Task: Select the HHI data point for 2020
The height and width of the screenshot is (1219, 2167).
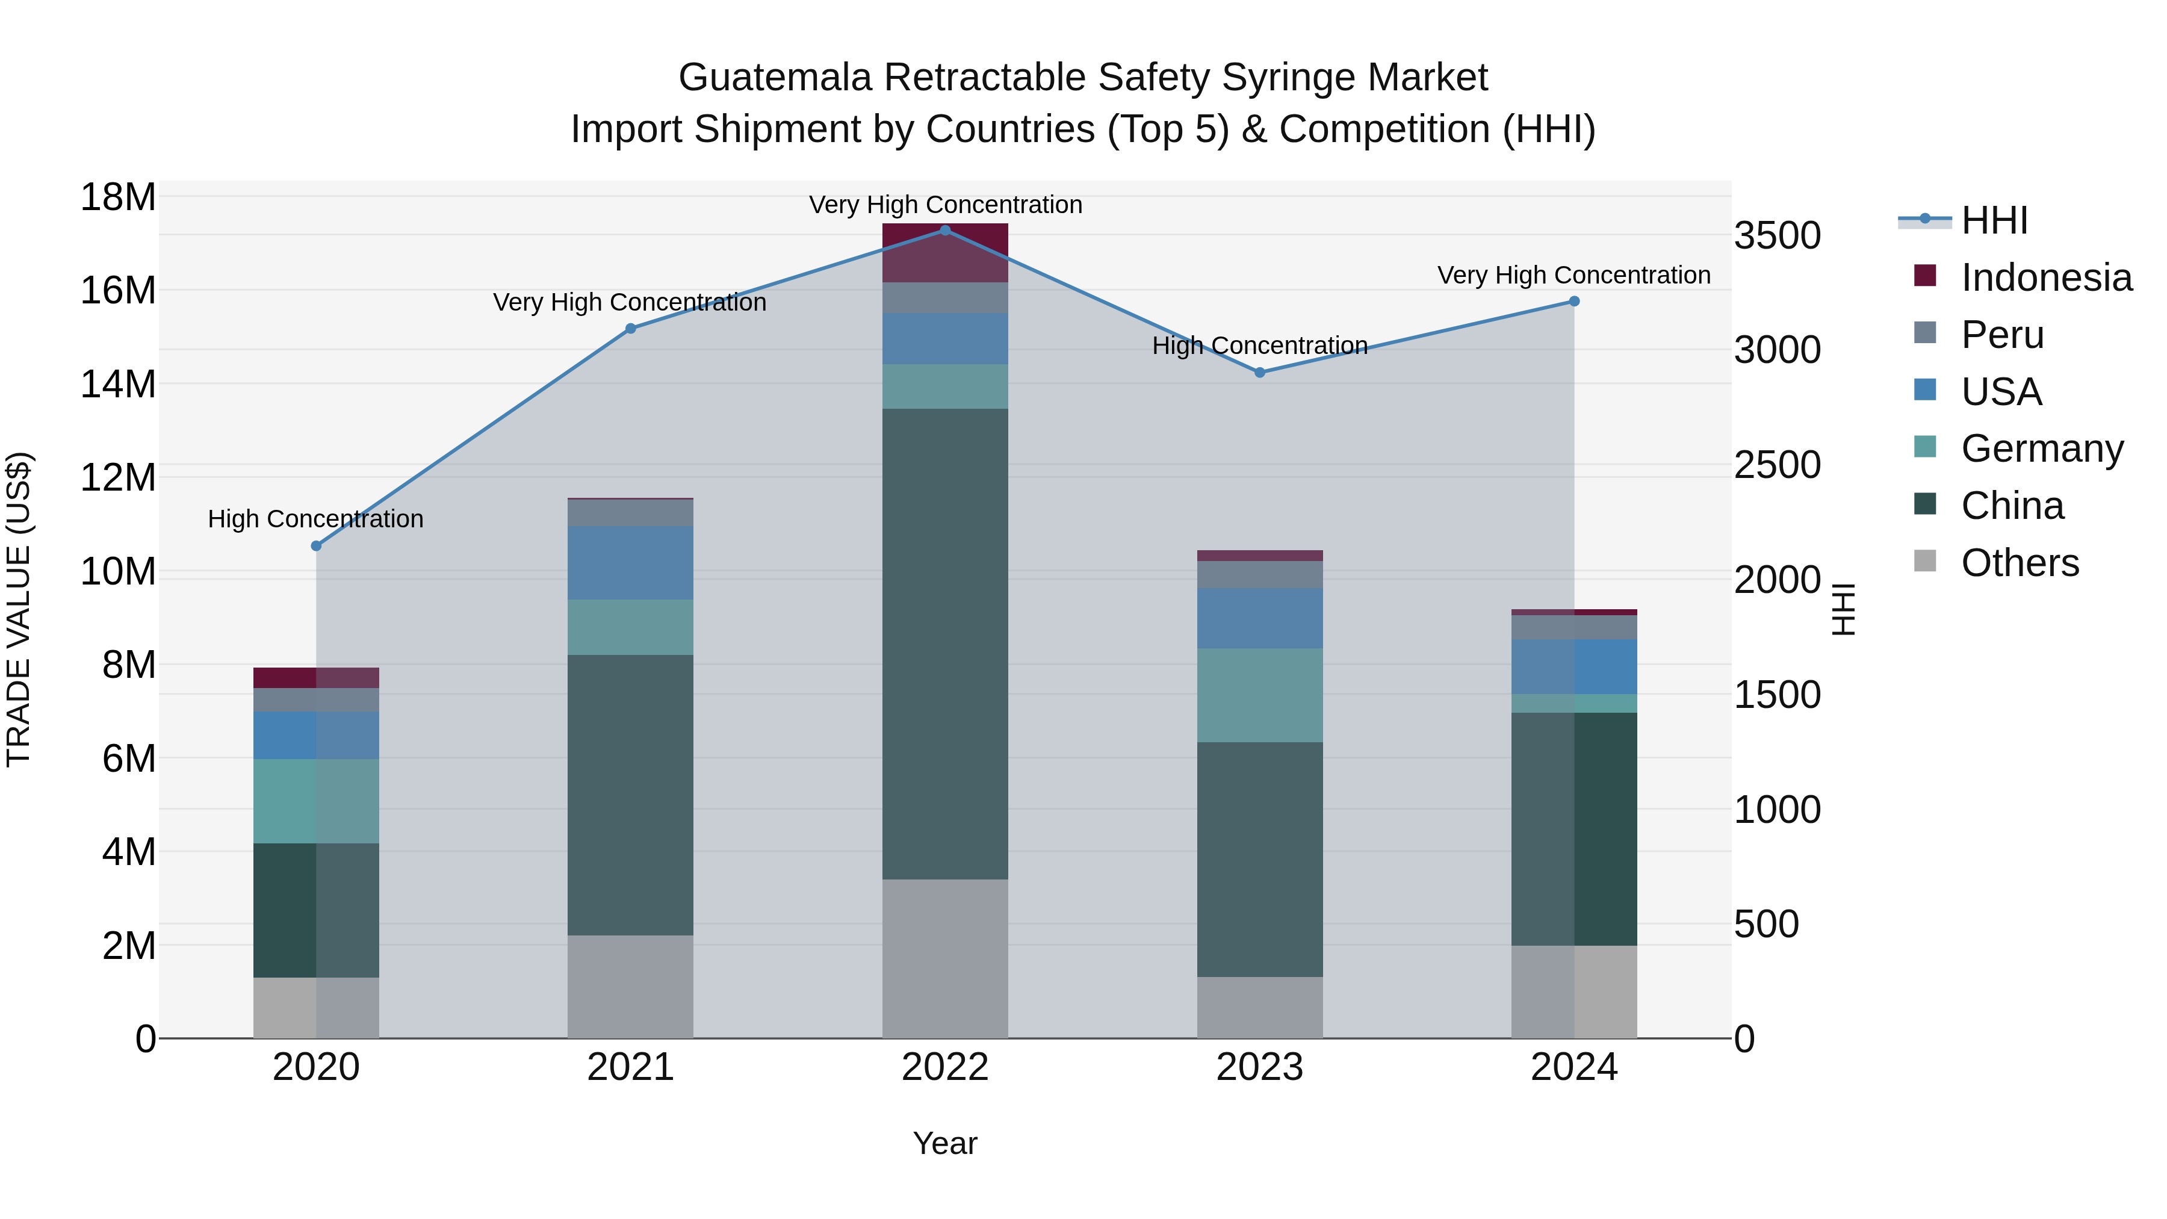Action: [x=316, y=546]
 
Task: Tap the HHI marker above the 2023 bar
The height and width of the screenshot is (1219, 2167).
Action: [x=1259, y=373]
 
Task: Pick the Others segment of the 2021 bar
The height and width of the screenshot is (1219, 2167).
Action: [x=630, y=986]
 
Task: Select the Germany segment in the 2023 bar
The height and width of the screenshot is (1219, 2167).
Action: [x=1259, y=695]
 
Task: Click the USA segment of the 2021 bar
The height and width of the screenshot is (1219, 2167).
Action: [x=630, y=563]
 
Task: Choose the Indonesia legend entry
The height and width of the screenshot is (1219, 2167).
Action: [x=2046, y=278]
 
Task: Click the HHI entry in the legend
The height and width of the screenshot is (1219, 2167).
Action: [x=1994, y=220]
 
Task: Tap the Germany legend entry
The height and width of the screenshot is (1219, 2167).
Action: [x=2042, y=448]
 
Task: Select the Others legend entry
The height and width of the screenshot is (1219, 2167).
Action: [x=2019, y=563]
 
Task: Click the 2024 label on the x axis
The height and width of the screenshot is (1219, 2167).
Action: [x=1574, y=1067]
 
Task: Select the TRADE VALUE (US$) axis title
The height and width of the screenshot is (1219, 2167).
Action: [x=19, y=609]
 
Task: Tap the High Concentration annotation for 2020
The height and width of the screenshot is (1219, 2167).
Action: [x=315, y=519]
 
